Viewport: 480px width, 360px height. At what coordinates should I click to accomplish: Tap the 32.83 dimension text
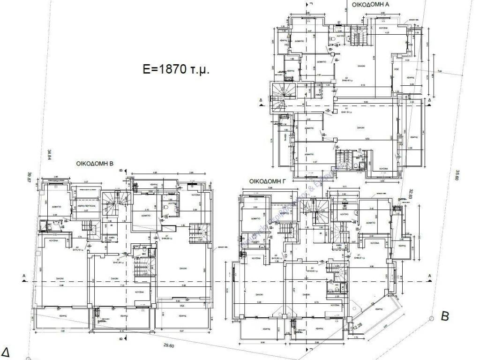coord(411,195)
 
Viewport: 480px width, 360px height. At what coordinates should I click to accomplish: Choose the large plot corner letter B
coord(445,316)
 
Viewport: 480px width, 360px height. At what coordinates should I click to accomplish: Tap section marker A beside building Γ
coord(429,275)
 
